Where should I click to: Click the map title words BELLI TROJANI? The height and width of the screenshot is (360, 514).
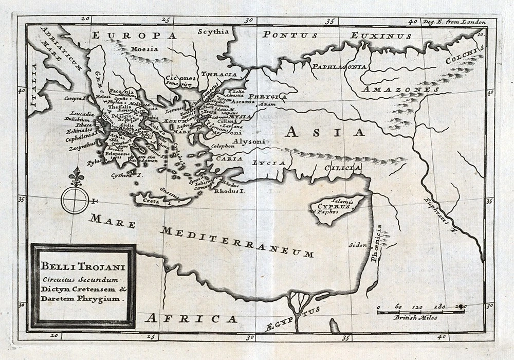pos(82,268)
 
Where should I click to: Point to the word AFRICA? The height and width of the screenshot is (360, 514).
pos(191,318)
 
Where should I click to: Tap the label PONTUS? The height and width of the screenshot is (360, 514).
pos(290,35)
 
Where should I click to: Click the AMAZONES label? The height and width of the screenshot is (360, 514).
pos(400,89)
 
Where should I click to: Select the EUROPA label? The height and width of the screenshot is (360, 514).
pos(135,35)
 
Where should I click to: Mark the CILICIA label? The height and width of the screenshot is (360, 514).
pos(342,168)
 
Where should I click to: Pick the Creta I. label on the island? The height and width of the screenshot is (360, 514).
pos(157,202)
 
